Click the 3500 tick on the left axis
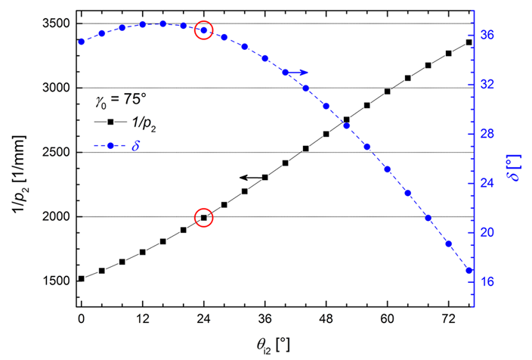[57, 23]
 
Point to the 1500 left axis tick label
[57, 281]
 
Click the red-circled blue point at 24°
[203, 30]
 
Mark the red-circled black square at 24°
[203, 218]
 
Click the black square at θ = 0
[81, 279]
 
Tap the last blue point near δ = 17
[469, 270]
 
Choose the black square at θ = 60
[387, 92]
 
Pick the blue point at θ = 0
[81, 41]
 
